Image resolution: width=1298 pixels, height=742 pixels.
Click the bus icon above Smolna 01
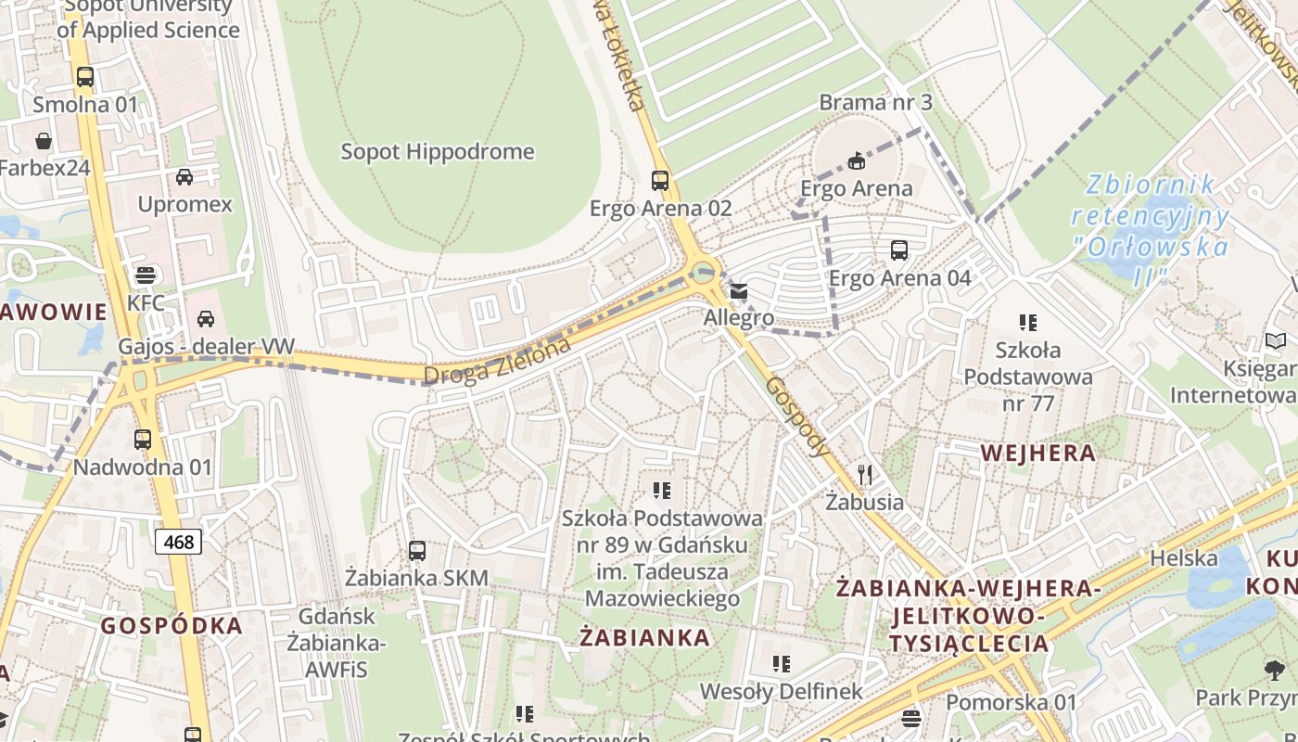pos(85,77)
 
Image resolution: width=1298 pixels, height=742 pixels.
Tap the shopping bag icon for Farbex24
pos(44,141)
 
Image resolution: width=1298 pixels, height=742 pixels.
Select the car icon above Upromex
pos(185,176)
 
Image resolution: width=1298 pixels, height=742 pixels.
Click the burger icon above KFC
pos(146,275)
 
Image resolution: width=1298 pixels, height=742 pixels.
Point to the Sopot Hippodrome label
pos(438,151)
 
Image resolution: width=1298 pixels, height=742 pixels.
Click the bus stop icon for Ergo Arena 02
pos(660,180)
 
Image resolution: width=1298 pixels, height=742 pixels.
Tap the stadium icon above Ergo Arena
pos(857,161)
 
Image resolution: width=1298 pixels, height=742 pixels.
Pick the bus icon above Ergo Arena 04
pos(899,249)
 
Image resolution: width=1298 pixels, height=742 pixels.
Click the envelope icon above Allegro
pos(739,291)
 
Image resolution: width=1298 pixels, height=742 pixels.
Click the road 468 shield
pos(178,541)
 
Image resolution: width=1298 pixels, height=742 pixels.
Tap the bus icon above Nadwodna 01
pos(143,440)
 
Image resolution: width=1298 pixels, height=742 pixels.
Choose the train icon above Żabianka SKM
pos(417,551)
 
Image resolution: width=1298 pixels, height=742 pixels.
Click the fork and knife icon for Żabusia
pos(865,475)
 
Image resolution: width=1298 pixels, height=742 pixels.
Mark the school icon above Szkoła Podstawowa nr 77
pos(1028,323)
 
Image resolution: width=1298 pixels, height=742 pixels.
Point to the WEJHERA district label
pos(1037,454)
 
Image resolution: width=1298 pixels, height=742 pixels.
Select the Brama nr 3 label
pos(875,102)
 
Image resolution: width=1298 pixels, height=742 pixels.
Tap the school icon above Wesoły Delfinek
pos(782,664)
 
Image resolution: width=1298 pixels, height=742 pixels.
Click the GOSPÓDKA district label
pos(172,625)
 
